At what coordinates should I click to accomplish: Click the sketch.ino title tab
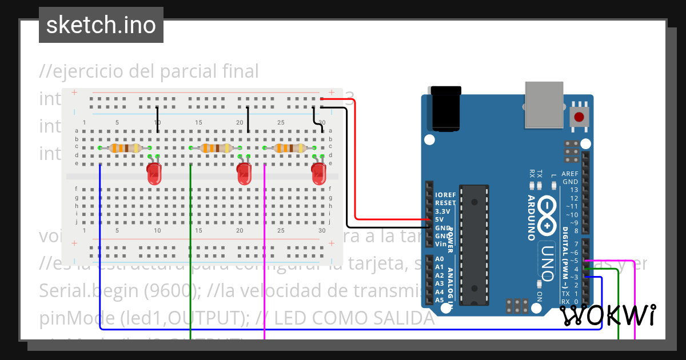tap(101, 25)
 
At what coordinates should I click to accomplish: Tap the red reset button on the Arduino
tap(579, 117)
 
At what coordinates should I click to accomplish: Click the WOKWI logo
tap(608, 315)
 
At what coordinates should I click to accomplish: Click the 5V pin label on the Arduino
tap(440, 219)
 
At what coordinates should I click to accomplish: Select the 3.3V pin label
tap(442, 211)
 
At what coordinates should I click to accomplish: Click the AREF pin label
tap(570, 174)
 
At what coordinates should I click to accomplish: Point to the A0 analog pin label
tap(440, 259)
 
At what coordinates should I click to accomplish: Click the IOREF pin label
tap(445, 195)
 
